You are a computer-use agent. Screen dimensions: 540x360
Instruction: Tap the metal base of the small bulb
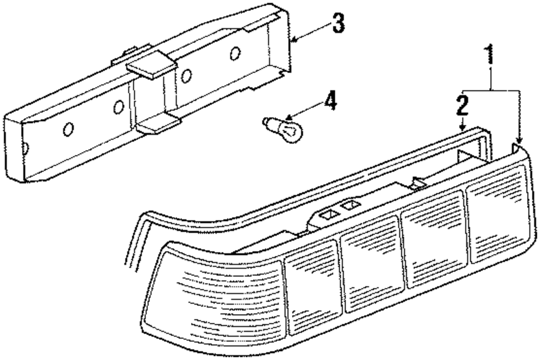point(270,124)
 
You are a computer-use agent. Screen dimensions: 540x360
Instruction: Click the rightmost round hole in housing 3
point(234,53)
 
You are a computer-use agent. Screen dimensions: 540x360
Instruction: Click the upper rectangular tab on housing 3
point(152,65)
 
